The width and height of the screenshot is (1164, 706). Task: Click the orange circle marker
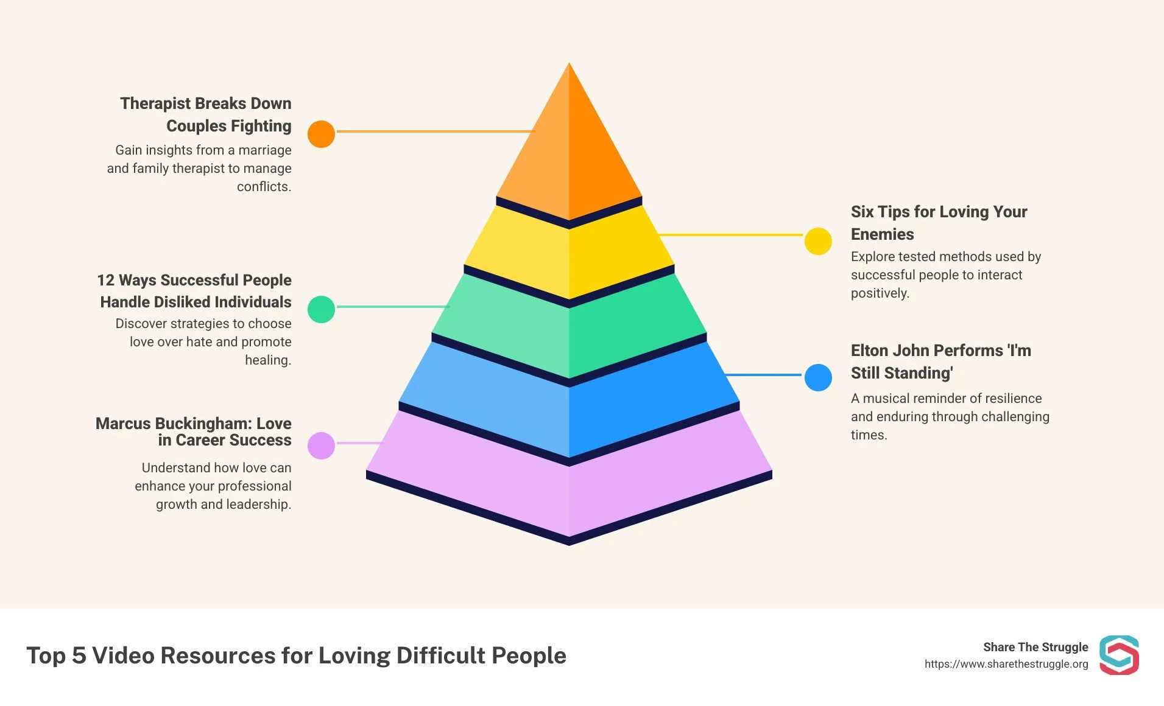pos(321,134)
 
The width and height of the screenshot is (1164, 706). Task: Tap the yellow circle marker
pos(818,242)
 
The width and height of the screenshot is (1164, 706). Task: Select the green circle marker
pos(321,309)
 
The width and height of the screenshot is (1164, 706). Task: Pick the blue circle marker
pos(818,378)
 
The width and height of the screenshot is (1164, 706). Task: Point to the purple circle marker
pos(321,446)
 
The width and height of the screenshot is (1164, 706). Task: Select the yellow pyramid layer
pos(569,256)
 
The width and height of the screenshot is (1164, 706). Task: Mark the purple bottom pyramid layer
pos(569,487)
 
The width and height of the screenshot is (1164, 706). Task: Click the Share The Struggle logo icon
pos(1119,655)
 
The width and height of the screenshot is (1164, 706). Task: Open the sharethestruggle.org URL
pos(1006,664)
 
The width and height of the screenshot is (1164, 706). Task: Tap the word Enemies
pos(882,234)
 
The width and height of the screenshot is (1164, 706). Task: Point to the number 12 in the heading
pos(105,280)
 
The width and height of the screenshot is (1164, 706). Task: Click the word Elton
pos(868,351)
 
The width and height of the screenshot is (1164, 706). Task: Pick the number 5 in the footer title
pos(79,655)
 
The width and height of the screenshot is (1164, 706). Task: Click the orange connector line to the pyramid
pos(436,131)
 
